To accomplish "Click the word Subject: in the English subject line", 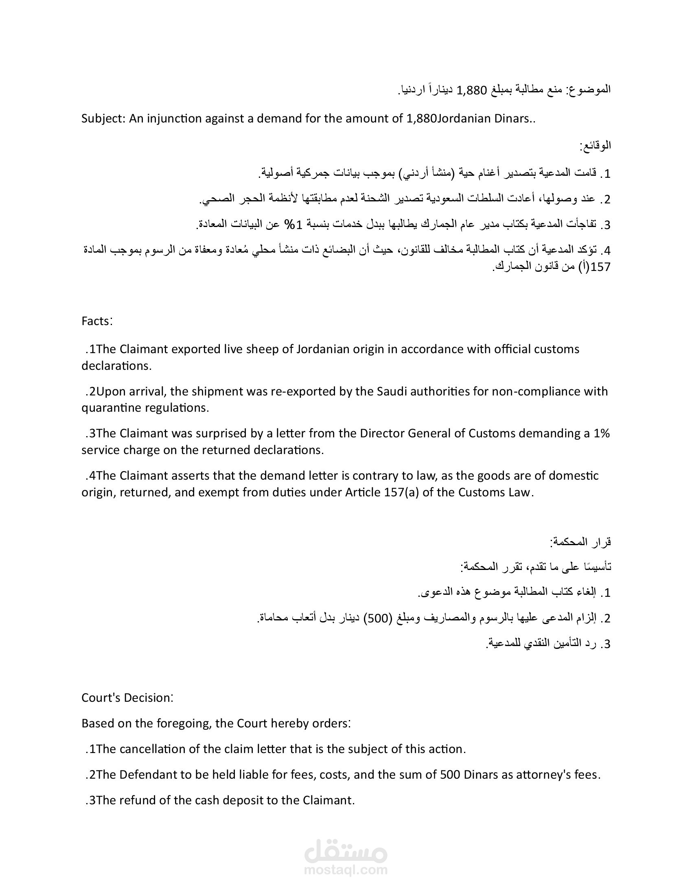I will point(103,119).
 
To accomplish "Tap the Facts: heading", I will point(97,321).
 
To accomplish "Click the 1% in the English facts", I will point(601,434).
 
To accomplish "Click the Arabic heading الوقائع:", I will point(595,146).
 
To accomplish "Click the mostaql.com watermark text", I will point(346,870).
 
